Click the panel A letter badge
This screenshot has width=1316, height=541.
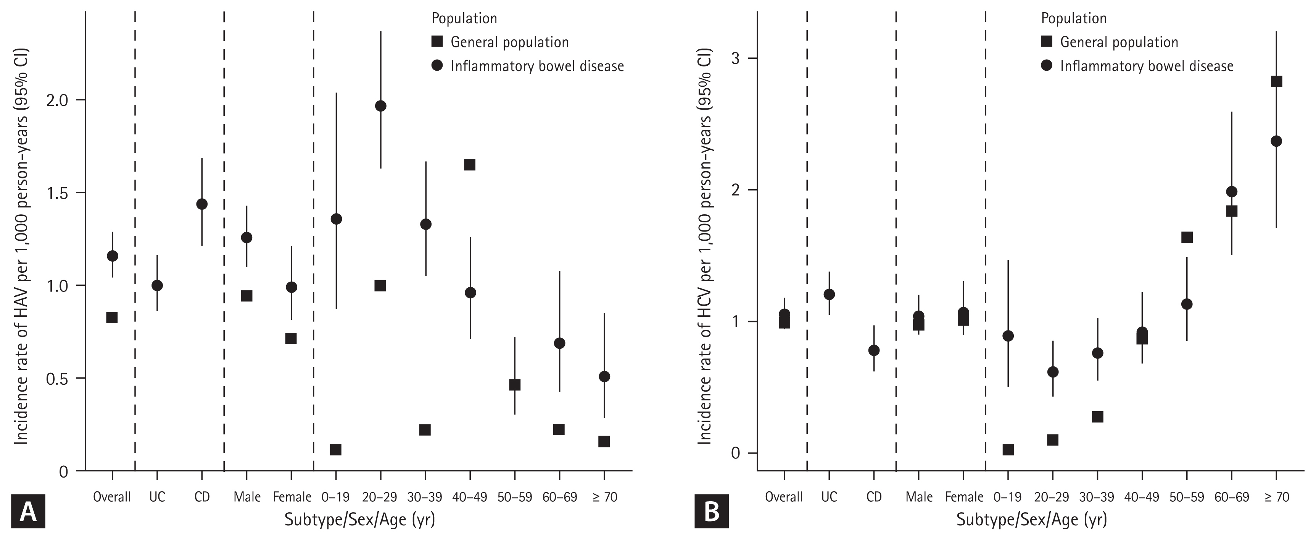(28, 511)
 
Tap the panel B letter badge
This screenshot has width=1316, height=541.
(712, 511)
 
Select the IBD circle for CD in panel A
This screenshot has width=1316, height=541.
(202, 204)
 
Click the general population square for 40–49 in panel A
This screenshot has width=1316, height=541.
(469, 165)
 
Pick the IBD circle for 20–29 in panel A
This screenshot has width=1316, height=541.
(380, 106)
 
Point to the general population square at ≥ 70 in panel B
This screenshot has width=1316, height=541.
(1276, 81)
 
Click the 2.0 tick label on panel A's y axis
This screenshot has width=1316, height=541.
(57, 100)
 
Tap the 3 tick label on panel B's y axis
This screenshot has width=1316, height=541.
(736, 58)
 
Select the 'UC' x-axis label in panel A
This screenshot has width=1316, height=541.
(157, 497)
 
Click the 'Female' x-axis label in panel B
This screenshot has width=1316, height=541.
(963, 497)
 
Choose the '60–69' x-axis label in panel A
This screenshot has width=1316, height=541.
(559, 497)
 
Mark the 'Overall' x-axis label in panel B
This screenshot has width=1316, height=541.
(784, 497)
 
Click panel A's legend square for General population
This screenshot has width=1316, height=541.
(437, 41)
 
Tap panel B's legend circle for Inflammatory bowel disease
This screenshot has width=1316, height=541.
(1046, 65)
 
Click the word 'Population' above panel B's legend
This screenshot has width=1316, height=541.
(1073, 18)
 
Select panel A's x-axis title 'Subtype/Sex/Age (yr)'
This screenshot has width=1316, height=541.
(360, 520)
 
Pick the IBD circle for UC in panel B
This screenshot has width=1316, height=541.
(829, 294)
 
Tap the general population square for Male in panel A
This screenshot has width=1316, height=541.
(246, 296)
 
